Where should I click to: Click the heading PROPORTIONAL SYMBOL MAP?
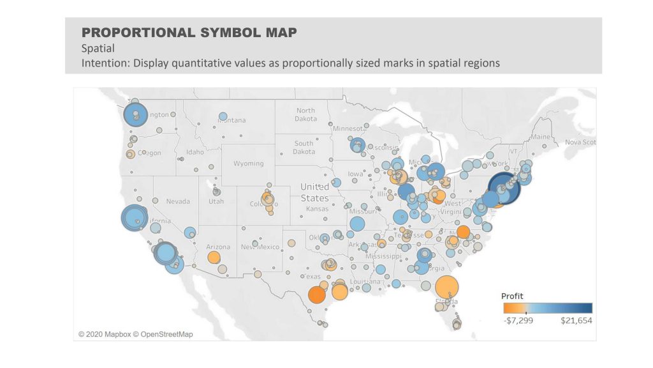tap(189, 33)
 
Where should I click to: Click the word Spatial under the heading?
tap(97, 49)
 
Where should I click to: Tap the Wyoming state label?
tap(249, 164)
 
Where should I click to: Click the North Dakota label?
tap(305, 114)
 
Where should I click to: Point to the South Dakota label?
tap(304, 148)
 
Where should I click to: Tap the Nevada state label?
tap(178, 201)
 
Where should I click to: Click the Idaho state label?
tap(195, 152)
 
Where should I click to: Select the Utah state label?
tap(216, 201)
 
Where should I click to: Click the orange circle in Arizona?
tap(214, 257)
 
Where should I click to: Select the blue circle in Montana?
tap(223, 117)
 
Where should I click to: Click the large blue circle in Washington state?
tap(136, 116)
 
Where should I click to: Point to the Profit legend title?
tap(512, 296)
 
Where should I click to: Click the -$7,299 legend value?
tap(517, 320)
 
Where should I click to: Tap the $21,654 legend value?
tap(576, 320)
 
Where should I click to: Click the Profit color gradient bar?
tap(547, 308)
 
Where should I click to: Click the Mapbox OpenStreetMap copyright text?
tap(135, 334)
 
